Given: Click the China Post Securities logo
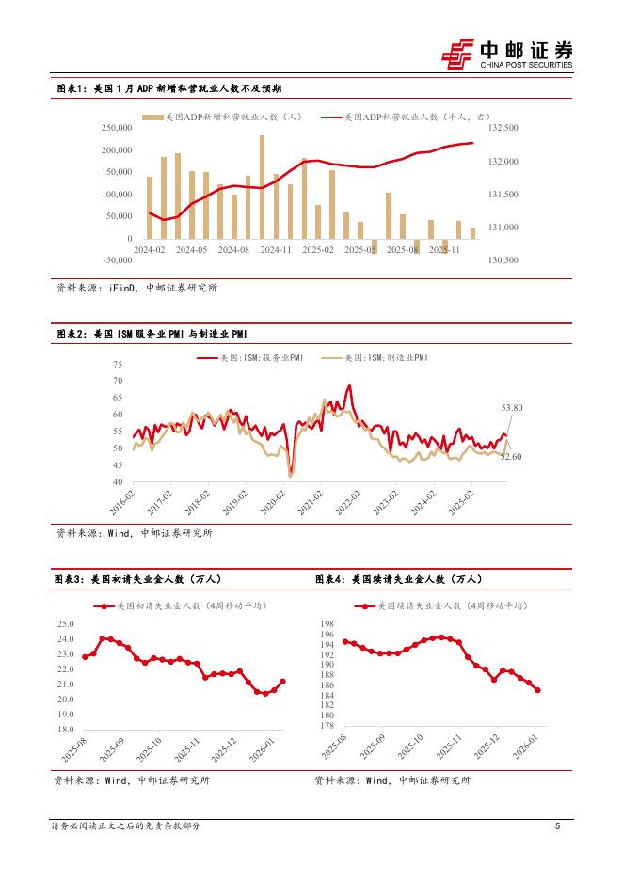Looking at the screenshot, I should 507,54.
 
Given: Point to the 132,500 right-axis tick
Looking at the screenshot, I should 504,127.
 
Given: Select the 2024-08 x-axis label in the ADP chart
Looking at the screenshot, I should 232,250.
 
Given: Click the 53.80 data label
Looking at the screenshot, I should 512,407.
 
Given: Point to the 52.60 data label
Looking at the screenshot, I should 511,456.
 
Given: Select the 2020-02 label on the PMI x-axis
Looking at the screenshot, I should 283,496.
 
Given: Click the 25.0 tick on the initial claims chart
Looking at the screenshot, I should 65,624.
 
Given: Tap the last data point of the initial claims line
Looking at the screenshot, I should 283,682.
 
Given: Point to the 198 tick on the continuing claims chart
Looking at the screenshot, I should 328,624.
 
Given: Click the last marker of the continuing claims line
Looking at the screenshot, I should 537,690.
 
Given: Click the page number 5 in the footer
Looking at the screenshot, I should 558,826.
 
